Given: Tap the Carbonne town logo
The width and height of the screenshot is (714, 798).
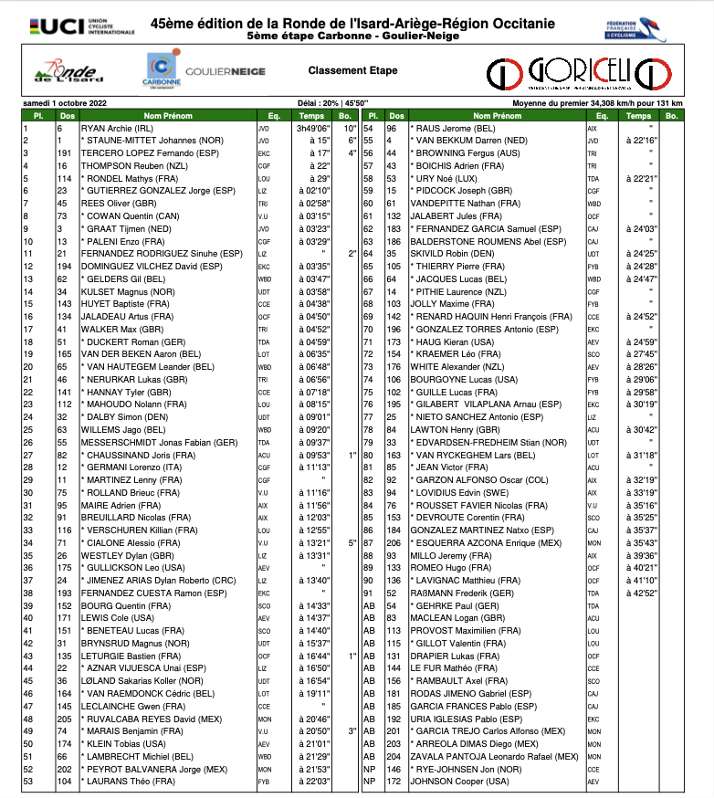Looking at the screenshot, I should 163,69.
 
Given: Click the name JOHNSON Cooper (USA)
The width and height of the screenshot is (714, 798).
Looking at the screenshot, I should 457,781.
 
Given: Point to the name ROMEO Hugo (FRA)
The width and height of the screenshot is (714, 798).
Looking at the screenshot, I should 452,567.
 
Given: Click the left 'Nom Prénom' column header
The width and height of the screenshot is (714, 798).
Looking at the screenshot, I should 169,117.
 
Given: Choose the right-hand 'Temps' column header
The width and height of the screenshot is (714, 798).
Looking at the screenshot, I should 638,117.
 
